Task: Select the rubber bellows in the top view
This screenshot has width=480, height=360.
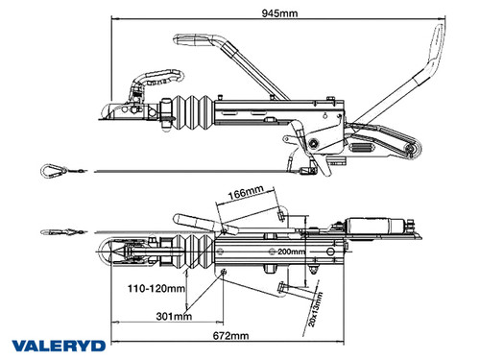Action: coord(196,254)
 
